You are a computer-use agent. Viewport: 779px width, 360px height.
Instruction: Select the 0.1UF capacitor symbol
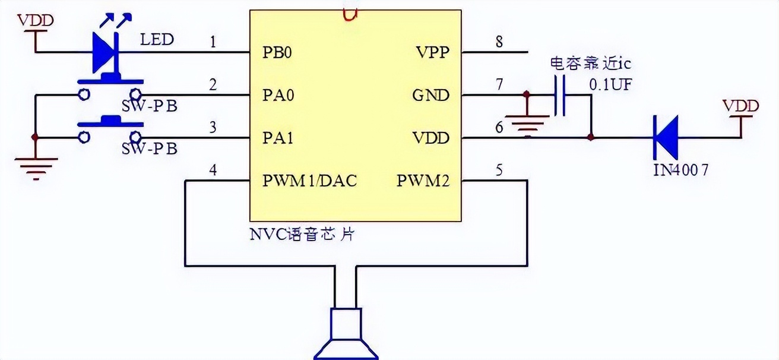pos(559,95)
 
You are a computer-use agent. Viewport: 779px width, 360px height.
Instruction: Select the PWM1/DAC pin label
pos(309,181)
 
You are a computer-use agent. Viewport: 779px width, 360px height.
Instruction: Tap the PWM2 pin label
pos(423,181)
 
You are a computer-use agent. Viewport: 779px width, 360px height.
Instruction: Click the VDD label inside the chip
pos(430,138)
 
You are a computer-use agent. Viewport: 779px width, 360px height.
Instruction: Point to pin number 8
pos(499,42)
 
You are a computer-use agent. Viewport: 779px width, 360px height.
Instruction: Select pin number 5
pos(499,170)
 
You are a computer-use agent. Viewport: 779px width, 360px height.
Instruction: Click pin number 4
pos(213,170)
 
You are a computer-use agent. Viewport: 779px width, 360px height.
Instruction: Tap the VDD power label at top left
pos(36,21)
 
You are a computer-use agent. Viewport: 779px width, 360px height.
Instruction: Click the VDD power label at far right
pos(740,106)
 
